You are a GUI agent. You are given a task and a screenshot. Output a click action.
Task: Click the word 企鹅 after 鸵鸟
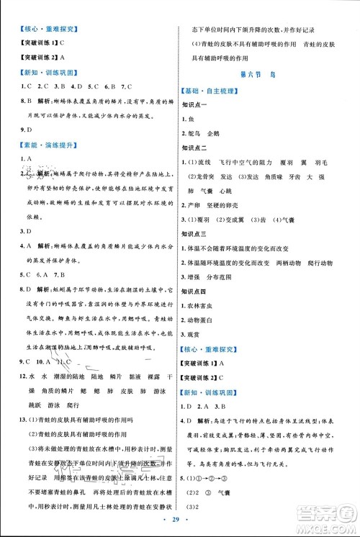click(214, 132)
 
